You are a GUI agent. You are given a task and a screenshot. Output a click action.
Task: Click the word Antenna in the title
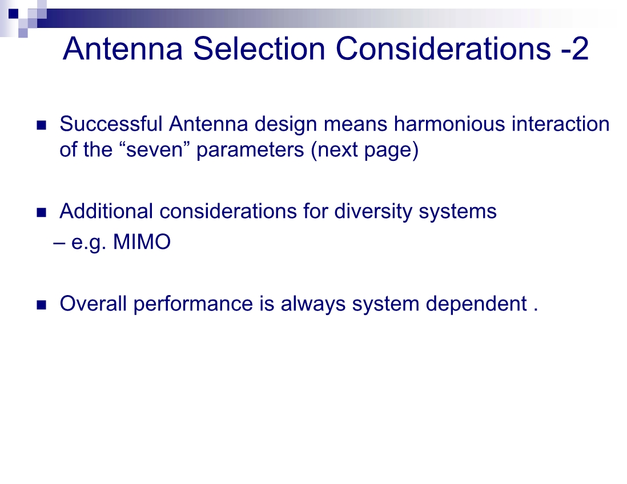click(x=123, y=49)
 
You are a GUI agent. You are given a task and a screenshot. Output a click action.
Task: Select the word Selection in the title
click(x=259, y=49)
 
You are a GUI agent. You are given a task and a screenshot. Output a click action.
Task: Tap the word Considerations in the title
click(x=443, y=49)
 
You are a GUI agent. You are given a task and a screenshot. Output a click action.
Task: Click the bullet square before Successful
click(x=41, y=126)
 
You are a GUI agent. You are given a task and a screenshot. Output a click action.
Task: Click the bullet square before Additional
click(x=41, y=213)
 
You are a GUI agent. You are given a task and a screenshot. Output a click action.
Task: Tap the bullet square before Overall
click(x=41, y=305)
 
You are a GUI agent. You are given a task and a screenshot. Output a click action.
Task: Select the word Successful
click(x=111, y=123)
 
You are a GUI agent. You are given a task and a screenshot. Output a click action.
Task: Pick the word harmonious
click(x=449, y=123)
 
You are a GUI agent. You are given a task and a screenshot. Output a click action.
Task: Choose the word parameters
click(x=250, y=151)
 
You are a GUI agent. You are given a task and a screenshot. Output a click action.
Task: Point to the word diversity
click(x=373, y=211)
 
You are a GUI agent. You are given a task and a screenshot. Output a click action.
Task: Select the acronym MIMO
click(x=142, y=242)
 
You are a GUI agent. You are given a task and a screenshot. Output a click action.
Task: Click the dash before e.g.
click(x=59, y=243)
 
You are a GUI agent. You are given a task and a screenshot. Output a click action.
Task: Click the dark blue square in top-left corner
click(x=13, y=14)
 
